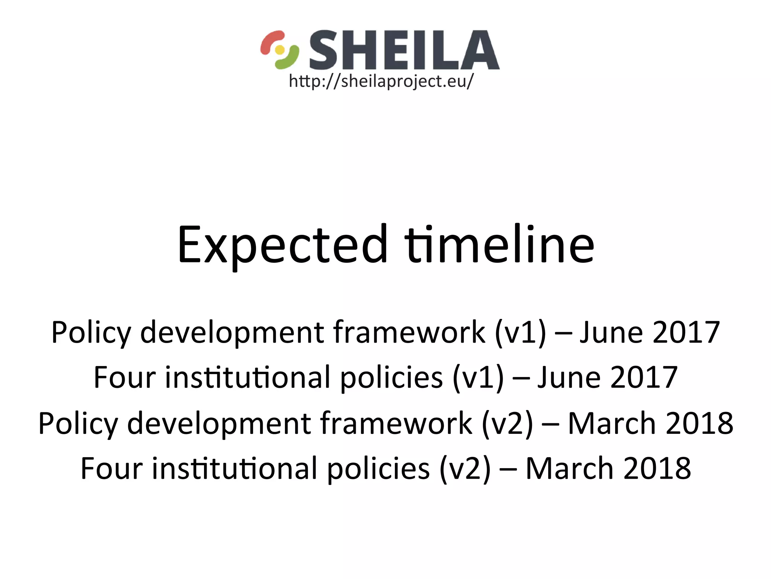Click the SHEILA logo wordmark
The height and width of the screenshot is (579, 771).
404,50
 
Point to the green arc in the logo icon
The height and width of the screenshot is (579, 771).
288,60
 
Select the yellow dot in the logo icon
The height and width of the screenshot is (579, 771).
280,49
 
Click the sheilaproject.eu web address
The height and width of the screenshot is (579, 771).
381,81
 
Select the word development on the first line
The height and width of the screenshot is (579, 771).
232,332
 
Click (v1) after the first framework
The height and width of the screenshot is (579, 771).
520,332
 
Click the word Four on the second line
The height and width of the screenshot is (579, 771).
125,377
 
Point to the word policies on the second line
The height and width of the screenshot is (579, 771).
392,378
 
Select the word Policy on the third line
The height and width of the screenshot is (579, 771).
78,424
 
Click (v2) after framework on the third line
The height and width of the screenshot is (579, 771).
507,424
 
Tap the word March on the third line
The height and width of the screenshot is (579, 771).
612,424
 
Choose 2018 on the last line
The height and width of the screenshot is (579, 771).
657,469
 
